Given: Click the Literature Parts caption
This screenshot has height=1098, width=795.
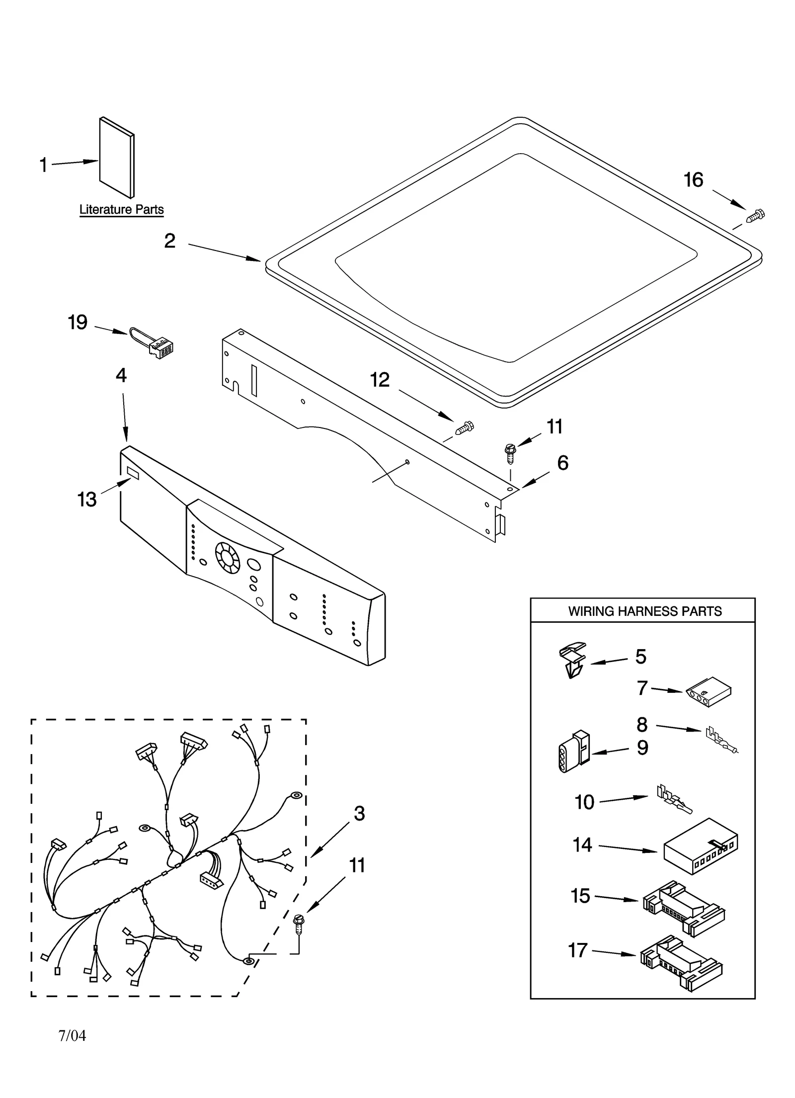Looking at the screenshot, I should (x=121, y=210).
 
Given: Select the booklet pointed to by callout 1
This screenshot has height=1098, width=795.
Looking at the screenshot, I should (x=116, y=158).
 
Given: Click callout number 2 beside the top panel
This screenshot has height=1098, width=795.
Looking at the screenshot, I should (x=170, y=241).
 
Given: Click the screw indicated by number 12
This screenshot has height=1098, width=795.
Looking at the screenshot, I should (x=465, y=427).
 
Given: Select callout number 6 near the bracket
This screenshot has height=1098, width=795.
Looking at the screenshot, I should (x=562, y=463).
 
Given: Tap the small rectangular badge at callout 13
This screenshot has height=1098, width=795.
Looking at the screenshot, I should (x=133, y=472).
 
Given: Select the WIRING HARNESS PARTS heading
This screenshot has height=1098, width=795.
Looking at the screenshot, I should (x=644, y=611).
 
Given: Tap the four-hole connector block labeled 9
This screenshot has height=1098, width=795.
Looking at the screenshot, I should (x=572, y=752).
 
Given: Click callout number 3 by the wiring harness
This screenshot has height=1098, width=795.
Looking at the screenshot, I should (x=359, y=814).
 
